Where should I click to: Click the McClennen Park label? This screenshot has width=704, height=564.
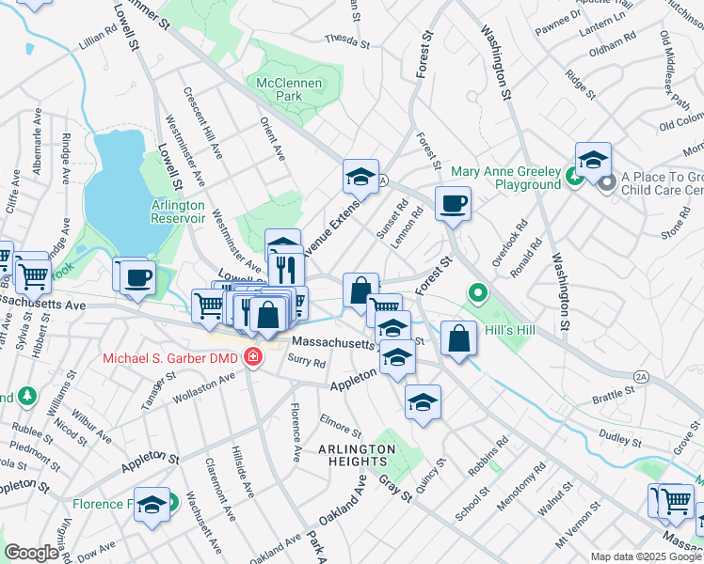(289, 89)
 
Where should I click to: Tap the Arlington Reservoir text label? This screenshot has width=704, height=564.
(178, 211)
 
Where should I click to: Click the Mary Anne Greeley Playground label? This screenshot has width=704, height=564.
(505, 178)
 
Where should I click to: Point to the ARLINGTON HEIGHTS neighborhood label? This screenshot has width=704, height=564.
(356, 456)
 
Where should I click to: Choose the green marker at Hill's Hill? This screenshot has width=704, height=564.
(477, 294)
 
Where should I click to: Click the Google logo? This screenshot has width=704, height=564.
(32, 553)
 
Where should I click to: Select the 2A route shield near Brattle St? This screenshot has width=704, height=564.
(641, 376)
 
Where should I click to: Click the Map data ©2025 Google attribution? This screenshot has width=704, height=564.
(646, 556)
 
